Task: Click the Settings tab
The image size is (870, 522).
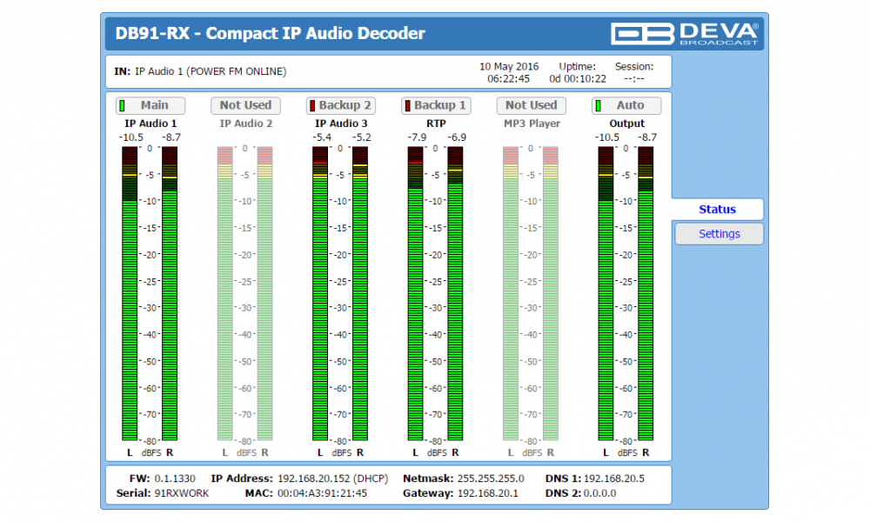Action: [x=719, y=234]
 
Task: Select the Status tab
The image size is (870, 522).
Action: [x=718, y=210]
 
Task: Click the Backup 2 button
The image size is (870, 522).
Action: [x=340, y=105]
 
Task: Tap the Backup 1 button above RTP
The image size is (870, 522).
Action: [x=435, y=105]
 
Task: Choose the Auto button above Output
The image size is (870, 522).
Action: [x=626, y=105]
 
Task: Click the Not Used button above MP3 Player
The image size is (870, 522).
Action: [x=531, y=105]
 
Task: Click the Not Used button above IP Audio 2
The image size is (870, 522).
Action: [x=245, y=105]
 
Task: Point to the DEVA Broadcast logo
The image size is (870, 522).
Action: [x=685, y=34]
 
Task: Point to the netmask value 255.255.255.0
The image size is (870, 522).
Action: [x=489, y=478]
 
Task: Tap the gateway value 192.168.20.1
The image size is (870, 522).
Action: [x=487, y=493]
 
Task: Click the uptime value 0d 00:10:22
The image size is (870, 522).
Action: [x=578, y=78]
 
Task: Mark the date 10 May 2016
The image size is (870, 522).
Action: [x=509, y=66]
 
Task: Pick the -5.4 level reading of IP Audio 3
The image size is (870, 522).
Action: [x=323, y=137]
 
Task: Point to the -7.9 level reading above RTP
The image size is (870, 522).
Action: [x=418, y=137]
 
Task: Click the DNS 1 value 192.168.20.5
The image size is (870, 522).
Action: [x=614, y=478]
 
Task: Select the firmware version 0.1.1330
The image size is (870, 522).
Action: [x=175, y=478]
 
